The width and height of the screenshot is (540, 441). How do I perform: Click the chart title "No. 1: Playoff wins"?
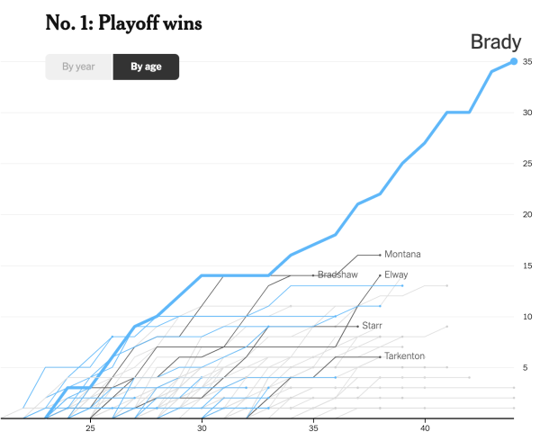coord(123,23)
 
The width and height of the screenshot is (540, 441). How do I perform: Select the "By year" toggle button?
coord(79,67)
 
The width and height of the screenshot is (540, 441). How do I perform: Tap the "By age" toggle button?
coord(146,67)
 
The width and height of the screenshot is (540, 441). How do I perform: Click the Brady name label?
coord(494,40)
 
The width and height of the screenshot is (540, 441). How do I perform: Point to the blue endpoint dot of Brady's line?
coord(514,61)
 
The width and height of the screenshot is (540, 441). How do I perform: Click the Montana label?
coord(402,255)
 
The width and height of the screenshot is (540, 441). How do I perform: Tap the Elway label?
coord(396,274)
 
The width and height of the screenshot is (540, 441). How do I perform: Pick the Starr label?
coord(373,325)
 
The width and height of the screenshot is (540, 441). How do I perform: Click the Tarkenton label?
coord(404,356)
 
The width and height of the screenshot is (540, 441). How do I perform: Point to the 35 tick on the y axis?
coord(527,62)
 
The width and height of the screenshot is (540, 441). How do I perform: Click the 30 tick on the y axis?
coord(527,112)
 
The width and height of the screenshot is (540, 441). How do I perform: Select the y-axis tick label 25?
coord(527,164)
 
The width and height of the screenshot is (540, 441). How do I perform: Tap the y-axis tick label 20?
coord(527,214)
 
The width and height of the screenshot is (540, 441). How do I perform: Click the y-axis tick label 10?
coord(527,317)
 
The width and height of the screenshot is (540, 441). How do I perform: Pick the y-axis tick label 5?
coord(527,367)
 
